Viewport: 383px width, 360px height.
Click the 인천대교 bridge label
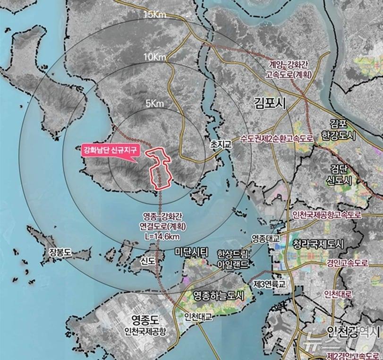[x=199, y=316]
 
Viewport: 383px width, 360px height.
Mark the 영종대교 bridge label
[x=266, y=237]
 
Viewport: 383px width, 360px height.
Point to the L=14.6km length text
[x=164, y=233]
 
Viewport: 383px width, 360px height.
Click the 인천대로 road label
[x=338, y=293]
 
